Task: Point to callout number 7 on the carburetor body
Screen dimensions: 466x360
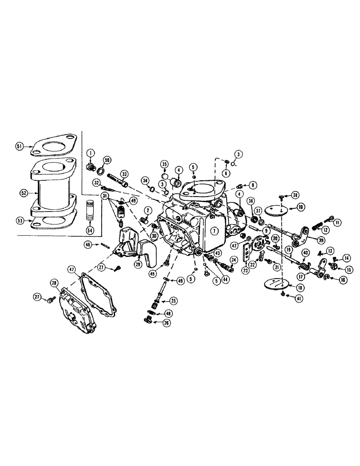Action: click(x=213, y=231)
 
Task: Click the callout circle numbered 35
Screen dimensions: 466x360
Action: click(x=164, y=164)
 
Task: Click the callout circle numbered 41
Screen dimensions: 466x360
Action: click(x=298, y=297)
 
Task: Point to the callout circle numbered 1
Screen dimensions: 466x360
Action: click(x=90, y=151)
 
